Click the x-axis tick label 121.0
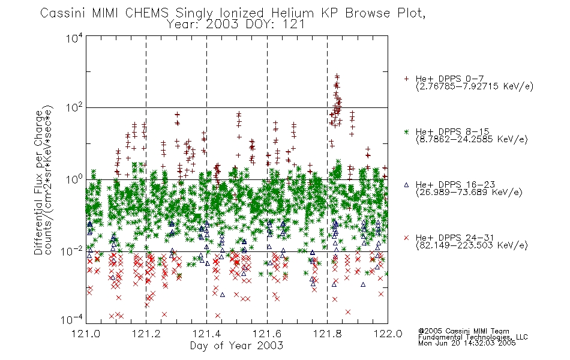(86, 334)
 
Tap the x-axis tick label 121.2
(146, 334)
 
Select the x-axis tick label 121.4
(206, 334)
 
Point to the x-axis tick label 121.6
(267, 334)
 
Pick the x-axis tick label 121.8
(327, 334)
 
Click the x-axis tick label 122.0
(388, 334)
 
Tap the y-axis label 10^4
(74, 38)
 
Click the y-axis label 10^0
(74, 179)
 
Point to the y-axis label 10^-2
(72, 251)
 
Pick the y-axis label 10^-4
(72, 319)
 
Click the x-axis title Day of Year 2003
(236, 346)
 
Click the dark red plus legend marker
(406, 79)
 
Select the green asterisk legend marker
(406, 131)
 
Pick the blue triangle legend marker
(406, 185)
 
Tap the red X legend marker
(406, 238)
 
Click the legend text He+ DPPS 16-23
(455, 185)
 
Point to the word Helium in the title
(292, 13)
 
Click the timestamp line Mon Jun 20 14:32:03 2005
(467, 343)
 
